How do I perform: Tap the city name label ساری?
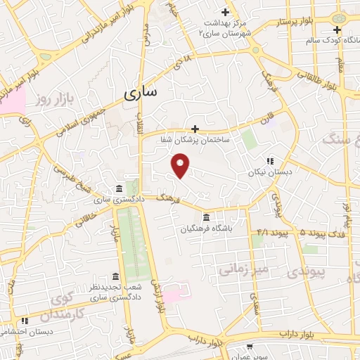(141, 94)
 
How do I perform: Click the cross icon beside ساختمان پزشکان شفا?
(195, 129)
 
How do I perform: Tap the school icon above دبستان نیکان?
(269, 161)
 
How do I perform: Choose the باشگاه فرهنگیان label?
(206, 229)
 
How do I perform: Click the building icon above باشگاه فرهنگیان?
(206, 217)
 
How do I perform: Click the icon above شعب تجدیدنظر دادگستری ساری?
(115, 276)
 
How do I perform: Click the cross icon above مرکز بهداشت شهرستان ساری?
(225, 12)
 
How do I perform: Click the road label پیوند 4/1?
(273, 232)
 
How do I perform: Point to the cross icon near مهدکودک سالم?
(337, 30)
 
